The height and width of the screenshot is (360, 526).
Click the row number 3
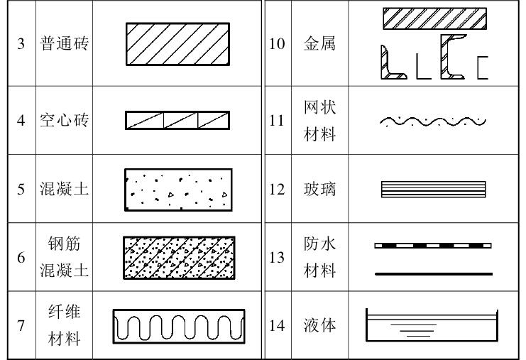[x=21, y=44]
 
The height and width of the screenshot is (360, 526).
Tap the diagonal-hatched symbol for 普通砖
[x=177, y=44]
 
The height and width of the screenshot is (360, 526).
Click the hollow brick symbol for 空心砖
[x=177, y=121]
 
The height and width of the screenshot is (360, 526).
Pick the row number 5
[x=21, y=190]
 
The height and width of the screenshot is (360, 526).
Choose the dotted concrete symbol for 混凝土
[x=177, y=190]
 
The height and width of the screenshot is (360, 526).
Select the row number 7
[x=21, y=326]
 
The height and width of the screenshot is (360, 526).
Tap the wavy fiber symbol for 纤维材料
[x=179, y=326]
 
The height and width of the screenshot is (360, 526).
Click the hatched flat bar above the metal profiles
[x=434, y=18]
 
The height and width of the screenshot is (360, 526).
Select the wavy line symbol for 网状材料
[x=433, y=121]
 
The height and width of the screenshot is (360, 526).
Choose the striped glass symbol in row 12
[x=433, y=190]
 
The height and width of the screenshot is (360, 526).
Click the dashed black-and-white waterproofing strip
[x=433, y=246]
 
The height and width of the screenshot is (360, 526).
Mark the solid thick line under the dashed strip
[x=433, y=273]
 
